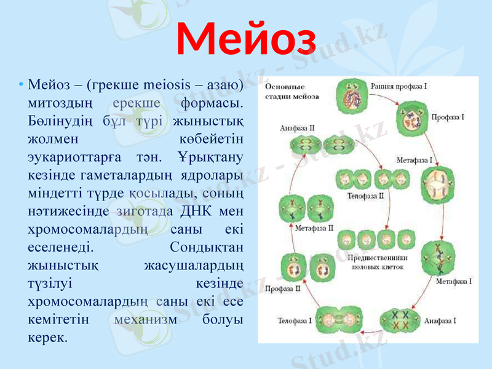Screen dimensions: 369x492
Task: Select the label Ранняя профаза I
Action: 397,86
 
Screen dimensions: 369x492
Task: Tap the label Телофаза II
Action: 366,196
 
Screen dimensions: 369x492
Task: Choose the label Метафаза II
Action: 314,227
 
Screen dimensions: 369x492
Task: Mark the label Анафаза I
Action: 439,320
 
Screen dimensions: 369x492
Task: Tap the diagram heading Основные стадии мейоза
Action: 292,92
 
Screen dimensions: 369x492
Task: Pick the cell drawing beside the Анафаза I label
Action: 400,320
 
